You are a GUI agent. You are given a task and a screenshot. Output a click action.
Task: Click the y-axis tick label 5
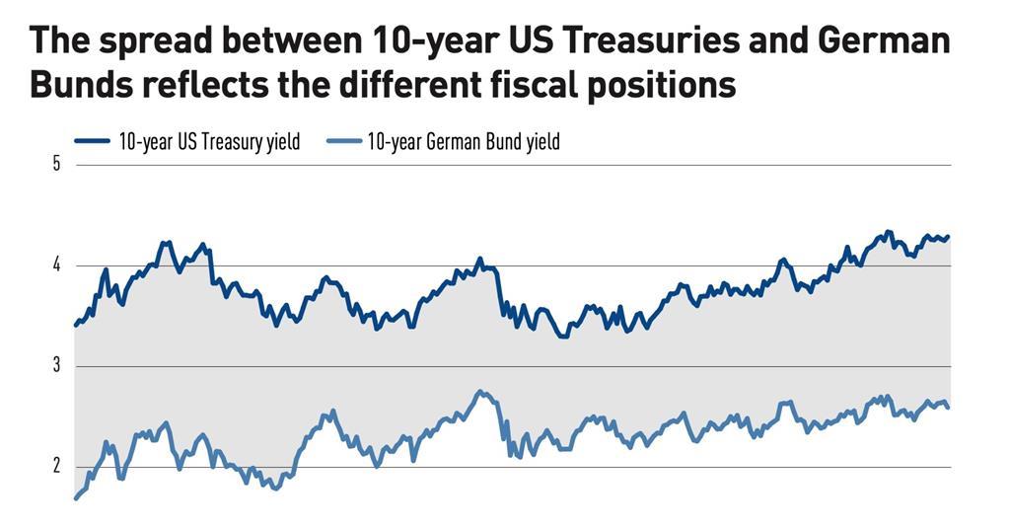pyautogui.click(x=56, y=164)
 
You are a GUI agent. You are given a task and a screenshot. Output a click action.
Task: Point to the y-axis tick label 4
pyautogui.click(x=56, y=264)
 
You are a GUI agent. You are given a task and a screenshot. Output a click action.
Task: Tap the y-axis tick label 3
pyautogui.click(x=56, y=365)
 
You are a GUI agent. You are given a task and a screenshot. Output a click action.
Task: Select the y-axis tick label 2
pyautogui.click(x=56, y=466)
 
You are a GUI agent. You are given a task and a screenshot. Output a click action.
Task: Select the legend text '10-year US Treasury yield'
pyautogui.click(x=209, y=141)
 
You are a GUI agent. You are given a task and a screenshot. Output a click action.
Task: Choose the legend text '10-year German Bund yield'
pyautogui.click(x=464, y=141)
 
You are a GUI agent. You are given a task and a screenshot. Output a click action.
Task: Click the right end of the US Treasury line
pyautogui.click(x=949, y=237)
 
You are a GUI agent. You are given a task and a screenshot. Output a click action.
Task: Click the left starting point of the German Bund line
pyautogui.click(x=76, y=498)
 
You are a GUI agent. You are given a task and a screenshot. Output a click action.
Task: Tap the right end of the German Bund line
pyautogui.click(x=949, y=408)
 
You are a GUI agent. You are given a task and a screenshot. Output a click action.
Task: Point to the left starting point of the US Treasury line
pyautogui.click(x=76, y=324)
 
